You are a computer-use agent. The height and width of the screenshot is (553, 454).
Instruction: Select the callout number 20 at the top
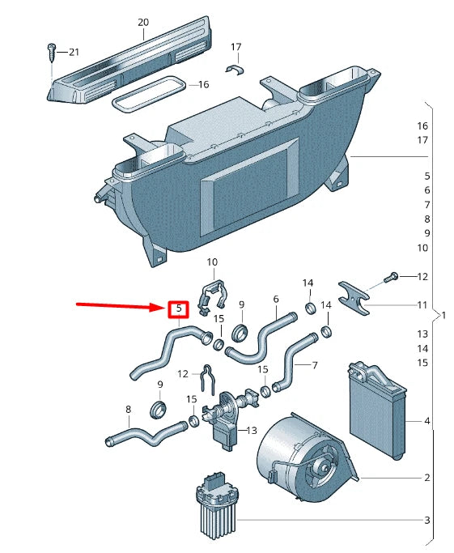143,23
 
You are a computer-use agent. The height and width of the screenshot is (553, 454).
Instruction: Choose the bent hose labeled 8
146,438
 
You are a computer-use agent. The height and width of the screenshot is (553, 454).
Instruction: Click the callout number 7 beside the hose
314,365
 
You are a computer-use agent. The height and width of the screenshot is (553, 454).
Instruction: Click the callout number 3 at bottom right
426,520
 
